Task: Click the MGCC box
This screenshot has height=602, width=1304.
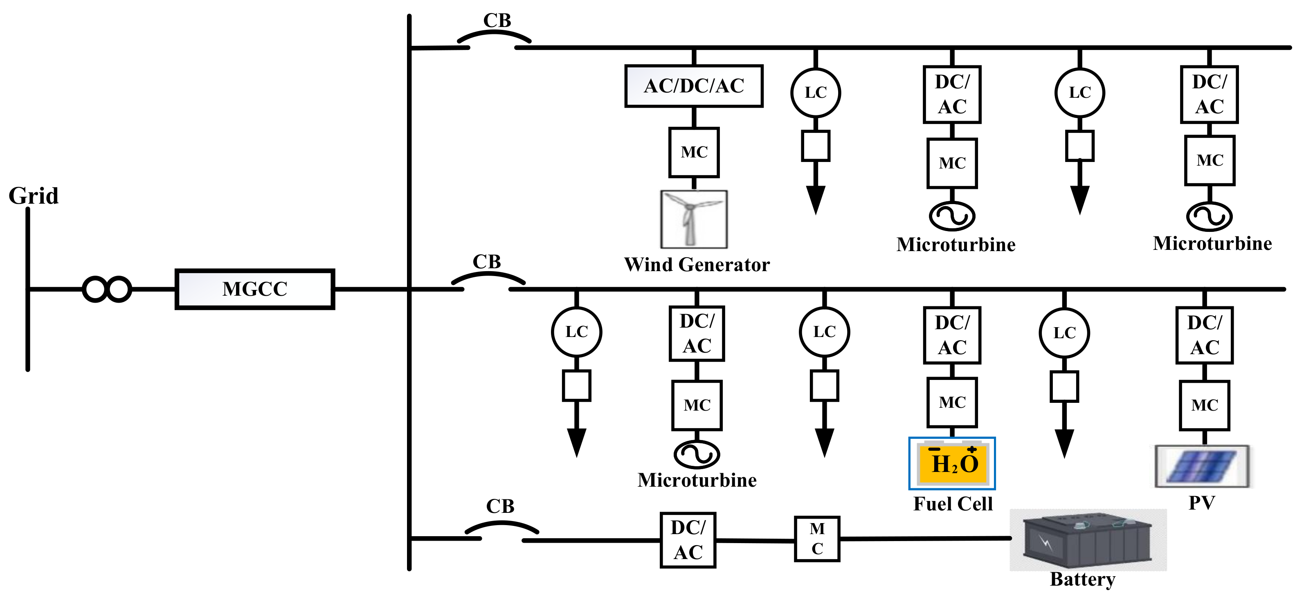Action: [255, 289]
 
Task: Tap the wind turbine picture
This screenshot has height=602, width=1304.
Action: [694, 219]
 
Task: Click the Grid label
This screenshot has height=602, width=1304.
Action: [34, 196]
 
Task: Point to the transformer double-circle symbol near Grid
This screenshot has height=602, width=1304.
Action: [107, 289]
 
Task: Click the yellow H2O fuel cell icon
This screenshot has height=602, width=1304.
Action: [952, 463]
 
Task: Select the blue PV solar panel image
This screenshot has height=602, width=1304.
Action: [1202, 466]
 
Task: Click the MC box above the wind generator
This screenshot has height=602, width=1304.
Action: [694, 152]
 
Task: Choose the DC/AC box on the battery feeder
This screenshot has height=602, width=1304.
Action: [688, 540]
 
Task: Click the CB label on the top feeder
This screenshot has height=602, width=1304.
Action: [497, 21]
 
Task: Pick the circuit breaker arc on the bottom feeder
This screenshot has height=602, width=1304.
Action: [501, 527]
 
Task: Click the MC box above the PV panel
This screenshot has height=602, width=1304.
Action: [1204, 405]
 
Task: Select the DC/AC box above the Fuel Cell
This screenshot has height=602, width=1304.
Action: [952, 335]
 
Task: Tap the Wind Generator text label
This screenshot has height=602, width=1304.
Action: [697, 265]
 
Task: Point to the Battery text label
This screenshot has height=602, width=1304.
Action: [1082, 579]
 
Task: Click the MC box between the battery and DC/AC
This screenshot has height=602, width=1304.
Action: [817, 539]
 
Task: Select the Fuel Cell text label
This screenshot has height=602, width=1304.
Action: [953, 504]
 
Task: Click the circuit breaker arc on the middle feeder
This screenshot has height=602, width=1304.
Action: [488, 277]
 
